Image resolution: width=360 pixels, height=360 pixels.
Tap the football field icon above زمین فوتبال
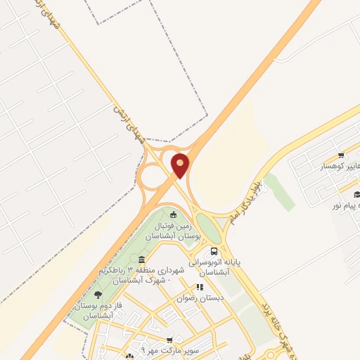pyautogui.click(x=174, y=214)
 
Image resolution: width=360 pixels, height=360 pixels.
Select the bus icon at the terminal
pyautogui.click(x=214, y=250)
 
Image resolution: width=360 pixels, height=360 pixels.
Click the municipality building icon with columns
pyautogui.click(x=142, y=260)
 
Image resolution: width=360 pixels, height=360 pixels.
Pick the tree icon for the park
pyautogui.click(x=97, y=295)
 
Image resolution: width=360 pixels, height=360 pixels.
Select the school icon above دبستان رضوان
pyautogui.click(x=200, y=287)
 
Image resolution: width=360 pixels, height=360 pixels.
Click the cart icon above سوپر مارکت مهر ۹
pyautogui.click(x=169, y=340)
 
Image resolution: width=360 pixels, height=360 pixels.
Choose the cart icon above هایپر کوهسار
pyautogui.click(x=341, y=156)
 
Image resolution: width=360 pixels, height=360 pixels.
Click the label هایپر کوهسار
pyautogui.click(x=341, y=167)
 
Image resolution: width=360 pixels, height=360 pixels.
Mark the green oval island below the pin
pyautogui.click(x=208, y=227)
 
